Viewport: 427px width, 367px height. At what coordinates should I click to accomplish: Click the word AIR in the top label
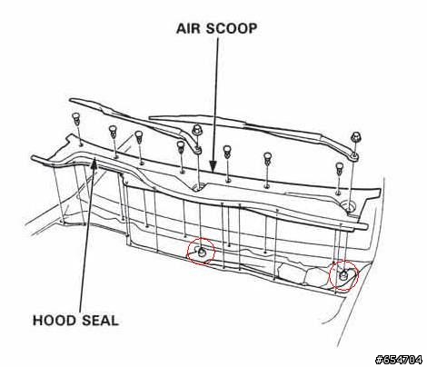(188, 28)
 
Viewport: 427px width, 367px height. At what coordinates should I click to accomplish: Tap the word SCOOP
(232, 28)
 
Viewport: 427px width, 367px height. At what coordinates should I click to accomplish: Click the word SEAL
(96, 321)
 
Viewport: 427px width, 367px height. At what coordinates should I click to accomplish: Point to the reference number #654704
(399, 360)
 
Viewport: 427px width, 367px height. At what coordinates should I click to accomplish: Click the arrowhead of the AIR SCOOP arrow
(213, 166)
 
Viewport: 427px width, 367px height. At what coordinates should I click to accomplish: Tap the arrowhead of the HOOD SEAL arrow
(94, 163)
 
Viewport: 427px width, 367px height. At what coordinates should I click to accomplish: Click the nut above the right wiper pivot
(355, 137)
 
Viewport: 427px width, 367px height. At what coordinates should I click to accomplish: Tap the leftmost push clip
(76, 118)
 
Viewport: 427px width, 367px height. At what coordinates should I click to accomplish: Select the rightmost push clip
(340, 168)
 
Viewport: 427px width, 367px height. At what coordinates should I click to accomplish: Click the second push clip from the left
(113, 131)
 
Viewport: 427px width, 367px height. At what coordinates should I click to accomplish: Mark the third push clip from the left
(138, 136)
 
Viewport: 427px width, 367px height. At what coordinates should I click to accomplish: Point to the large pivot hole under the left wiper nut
(198, 187)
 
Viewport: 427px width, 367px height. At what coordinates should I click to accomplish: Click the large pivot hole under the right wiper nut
(349, 208)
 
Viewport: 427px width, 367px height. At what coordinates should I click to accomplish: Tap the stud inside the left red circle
(202, 252)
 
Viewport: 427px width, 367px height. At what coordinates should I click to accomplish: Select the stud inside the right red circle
(343, 275)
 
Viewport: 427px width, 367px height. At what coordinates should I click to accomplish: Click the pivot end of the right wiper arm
(353, 156)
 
